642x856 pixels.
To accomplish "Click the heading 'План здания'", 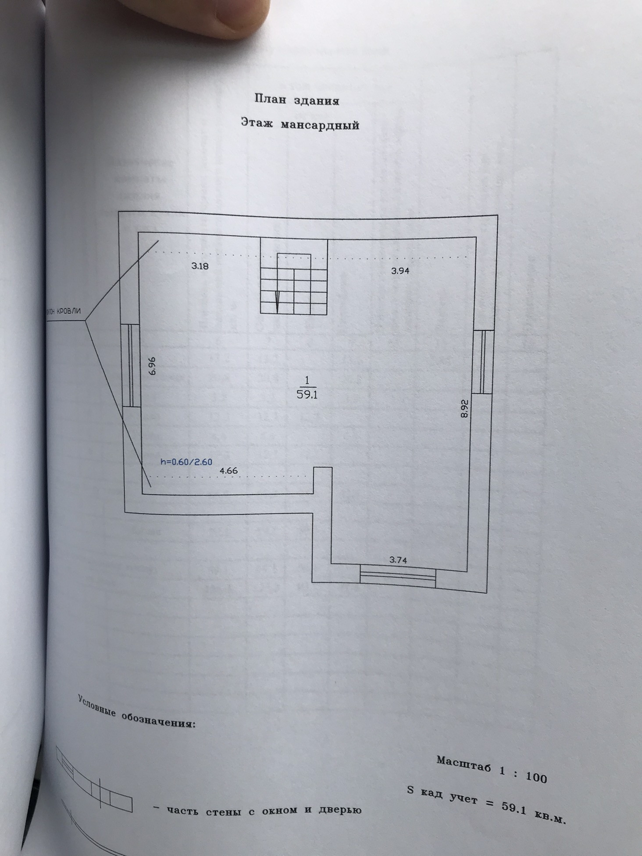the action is pos(297,100).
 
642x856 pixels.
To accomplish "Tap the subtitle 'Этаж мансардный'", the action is pos(300,125).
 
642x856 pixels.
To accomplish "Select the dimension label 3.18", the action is pos(200,265).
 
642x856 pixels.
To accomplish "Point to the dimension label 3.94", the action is pos(400,271).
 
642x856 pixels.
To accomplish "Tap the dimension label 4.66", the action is pos(228,471).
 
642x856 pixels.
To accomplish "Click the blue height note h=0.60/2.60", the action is pos(187,461).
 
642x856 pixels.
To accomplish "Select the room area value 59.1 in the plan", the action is pos(307,394).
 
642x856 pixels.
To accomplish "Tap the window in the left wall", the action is pos(130,365).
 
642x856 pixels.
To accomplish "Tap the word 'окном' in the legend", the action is pos(280,810).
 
